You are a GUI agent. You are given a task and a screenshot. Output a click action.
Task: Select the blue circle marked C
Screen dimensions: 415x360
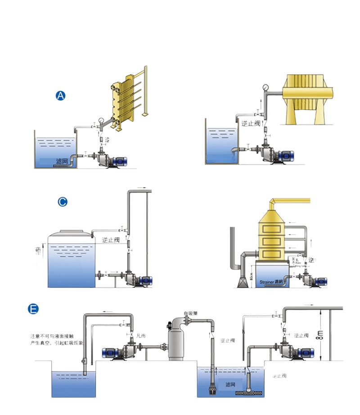tap(63, 202)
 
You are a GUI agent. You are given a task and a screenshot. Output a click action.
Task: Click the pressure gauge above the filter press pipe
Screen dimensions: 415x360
tap(266, 87)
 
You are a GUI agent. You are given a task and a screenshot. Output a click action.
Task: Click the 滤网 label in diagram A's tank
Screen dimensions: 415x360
tap(62, 161)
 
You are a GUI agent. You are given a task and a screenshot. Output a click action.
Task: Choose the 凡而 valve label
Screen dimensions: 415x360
tap(141, 335)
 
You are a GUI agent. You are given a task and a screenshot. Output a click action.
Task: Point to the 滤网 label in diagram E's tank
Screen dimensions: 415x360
tap(231, 384)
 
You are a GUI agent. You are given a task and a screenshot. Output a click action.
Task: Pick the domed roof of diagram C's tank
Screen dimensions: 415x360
tap(70, 236)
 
